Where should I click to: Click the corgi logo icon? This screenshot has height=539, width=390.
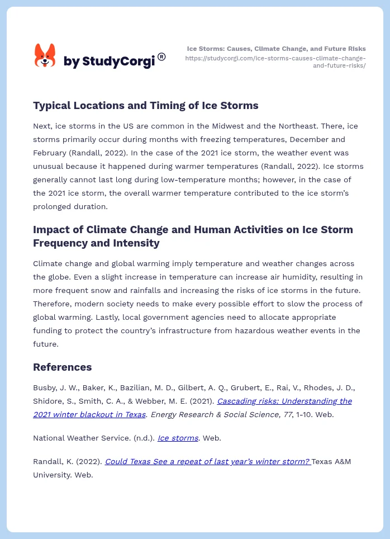coord(45,56)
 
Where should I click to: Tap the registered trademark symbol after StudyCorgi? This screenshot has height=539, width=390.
coord(161,56)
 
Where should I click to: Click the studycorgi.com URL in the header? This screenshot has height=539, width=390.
coord(275,62)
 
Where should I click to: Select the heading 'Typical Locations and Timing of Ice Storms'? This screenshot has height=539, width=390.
coord(145,106)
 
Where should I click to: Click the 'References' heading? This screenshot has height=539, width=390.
coord(62,367)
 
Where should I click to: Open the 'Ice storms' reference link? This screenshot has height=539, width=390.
coord(178,438)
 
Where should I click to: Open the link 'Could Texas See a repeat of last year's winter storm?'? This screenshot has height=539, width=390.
coord(207,461)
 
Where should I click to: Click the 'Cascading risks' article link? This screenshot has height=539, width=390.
coord(284,401)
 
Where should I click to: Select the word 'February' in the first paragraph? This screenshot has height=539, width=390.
coord(51,153)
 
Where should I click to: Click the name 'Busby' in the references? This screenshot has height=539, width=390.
coord(45,387)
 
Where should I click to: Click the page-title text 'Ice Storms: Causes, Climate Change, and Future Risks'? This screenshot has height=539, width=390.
coord(276,49)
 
